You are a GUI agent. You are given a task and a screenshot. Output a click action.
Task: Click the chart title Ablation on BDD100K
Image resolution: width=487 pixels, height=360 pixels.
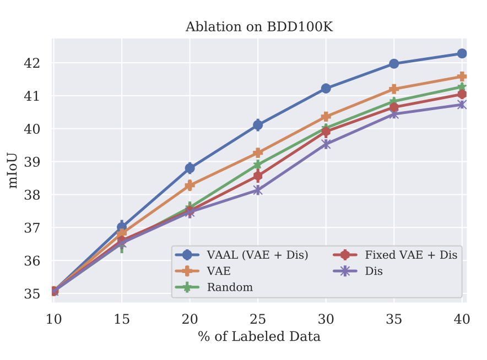[259, 27]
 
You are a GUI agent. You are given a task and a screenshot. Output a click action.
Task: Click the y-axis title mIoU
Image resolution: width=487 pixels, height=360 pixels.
[13, 170]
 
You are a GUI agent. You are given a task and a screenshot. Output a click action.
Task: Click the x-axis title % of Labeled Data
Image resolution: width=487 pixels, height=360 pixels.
[259, 336]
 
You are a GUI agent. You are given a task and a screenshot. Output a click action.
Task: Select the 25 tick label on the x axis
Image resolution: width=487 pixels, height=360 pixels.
[258, 319]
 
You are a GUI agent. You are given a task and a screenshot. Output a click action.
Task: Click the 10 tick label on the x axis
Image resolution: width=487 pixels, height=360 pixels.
[53, 319]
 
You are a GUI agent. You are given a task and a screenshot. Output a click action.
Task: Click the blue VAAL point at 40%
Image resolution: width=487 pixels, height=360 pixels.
[462, 53]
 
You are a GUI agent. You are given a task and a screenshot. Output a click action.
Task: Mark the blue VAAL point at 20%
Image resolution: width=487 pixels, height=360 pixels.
[190, 168]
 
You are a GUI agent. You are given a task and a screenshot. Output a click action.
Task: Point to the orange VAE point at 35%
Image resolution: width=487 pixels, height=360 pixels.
[394, 89]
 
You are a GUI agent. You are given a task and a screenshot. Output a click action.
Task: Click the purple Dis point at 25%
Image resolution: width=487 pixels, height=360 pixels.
[258, 190]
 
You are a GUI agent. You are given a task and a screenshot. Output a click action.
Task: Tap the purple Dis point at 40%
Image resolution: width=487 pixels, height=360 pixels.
[462, 105]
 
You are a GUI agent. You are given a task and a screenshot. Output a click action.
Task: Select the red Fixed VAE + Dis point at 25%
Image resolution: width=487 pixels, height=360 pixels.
[258, 176]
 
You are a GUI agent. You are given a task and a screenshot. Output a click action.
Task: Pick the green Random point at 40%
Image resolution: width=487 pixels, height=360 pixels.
[462, 87]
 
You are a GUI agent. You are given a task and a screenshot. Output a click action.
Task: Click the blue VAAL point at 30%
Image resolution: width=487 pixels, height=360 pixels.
[326, 88]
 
